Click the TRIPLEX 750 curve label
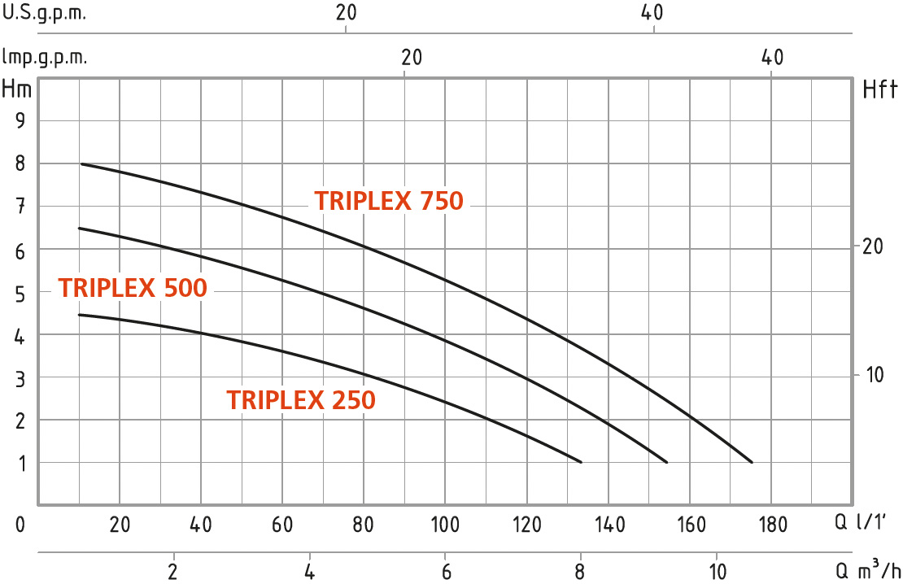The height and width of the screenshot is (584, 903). click(389, 201)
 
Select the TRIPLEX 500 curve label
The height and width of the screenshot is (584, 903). click(133, 288)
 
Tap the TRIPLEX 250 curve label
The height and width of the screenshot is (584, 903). click(301, 400)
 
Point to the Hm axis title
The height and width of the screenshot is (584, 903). click(17, 89)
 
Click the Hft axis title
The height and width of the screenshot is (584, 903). click(879, 89)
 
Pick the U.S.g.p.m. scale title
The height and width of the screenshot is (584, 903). click(44, 14)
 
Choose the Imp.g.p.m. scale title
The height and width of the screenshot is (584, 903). click(46, 58)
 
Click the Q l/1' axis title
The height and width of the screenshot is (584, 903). click(870, 525)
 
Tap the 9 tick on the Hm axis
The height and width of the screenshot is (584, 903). click(20, 121)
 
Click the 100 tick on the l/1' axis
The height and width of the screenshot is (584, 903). click(446, 525)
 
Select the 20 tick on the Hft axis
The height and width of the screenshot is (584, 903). click(872, 246)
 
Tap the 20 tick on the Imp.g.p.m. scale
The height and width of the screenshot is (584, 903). click(412, 58)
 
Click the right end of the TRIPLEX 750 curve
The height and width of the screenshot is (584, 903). click(752, 462)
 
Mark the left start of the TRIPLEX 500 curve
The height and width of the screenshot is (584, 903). click(79, 229)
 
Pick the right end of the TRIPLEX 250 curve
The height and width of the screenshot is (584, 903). click(582, 462)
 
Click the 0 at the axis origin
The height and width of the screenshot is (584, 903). click(20, 525)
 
